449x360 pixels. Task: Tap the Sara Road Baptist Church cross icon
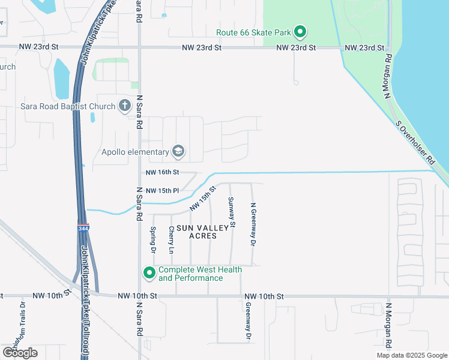coord(125,106)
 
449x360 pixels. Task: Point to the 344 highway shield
coord(83,229)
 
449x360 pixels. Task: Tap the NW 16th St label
coord(163,173)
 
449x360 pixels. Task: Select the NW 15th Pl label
coord(163,191)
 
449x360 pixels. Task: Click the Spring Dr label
coord(154,239)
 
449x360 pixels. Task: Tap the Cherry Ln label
coord(172,239)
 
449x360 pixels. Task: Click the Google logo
coord(20,352)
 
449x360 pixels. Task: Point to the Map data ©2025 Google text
coord(411,355)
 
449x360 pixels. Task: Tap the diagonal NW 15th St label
coord(203,199)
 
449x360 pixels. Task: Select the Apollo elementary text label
coord(136,151)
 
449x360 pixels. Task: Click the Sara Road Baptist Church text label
coord(68,107)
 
